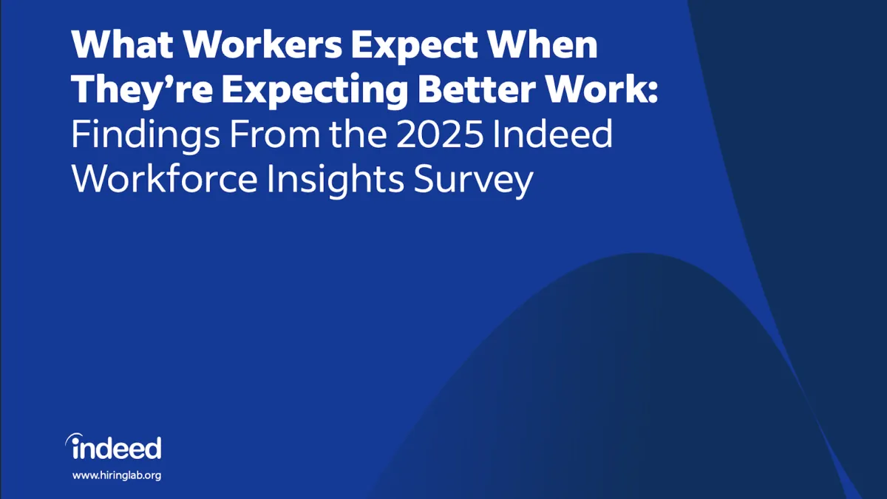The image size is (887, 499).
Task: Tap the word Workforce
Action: click(166, 180)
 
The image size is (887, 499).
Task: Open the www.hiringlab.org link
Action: click(116, 475)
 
